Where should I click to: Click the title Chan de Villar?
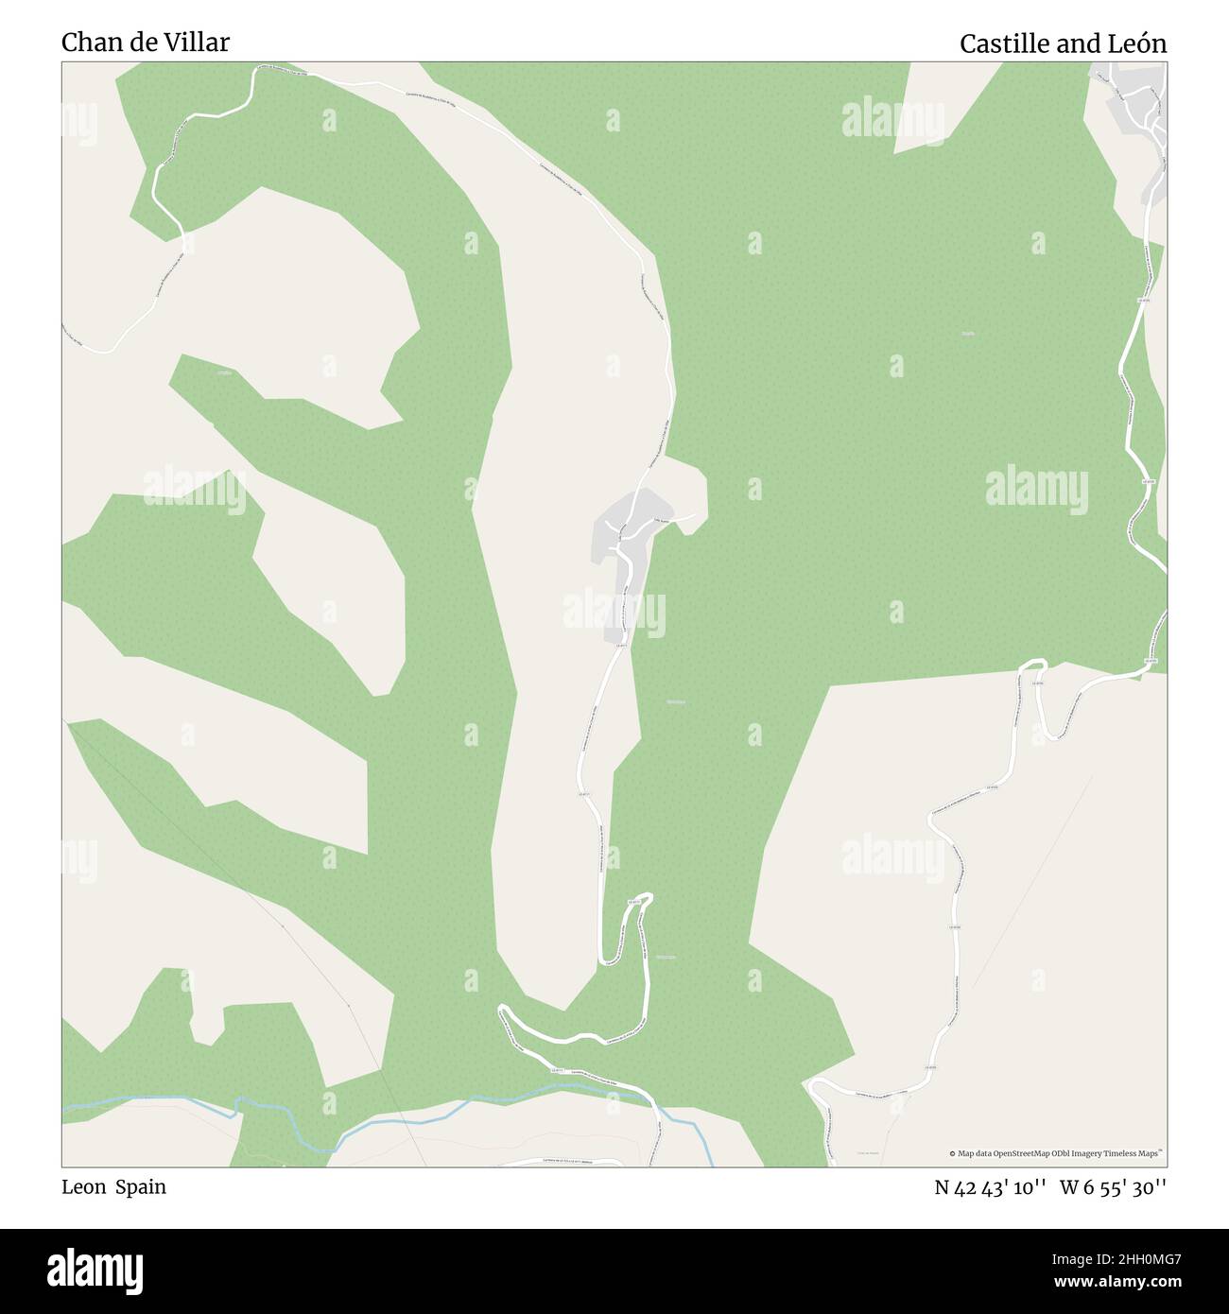pos(145,43)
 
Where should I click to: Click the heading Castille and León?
pos(1063,43)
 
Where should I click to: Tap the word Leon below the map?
pos(83,1187)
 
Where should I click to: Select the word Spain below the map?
pos(141,1187)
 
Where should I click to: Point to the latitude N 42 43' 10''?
pos(990,1187)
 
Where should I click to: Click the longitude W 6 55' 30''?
pos(1113,1187)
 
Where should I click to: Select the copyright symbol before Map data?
pos(953,1153)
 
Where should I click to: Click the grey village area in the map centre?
pos(619,534)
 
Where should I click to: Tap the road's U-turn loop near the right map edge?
pos(1031,666)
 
